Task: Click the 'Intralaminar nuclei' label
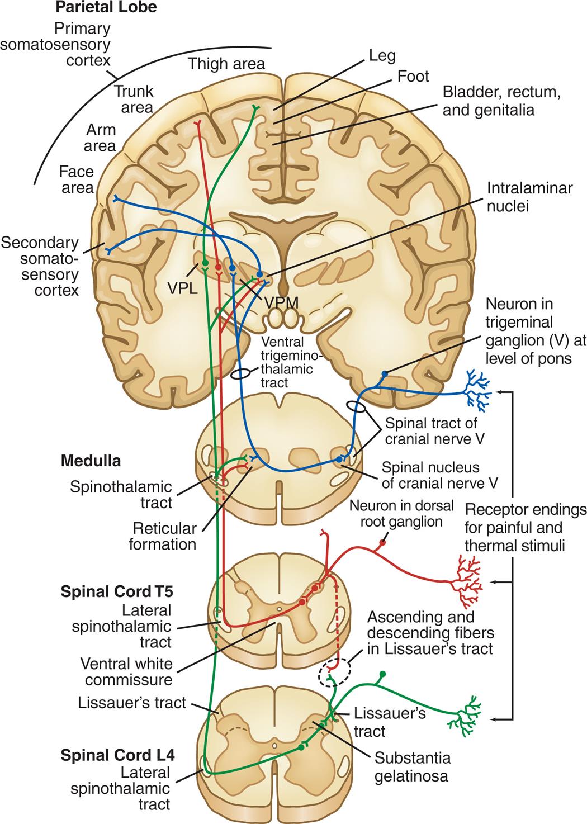click(522, 197)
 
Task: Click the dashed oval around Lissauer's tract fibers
click(335, 672)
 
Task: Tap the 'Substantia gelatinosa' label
click(413, 767)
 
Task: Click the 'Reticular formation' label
click(163, 536)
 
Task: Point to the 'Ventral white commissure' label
click(126, 671)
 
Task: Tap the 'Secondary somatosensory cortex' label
click(40, 266)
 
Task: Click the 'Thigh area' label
click(226, 64)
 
